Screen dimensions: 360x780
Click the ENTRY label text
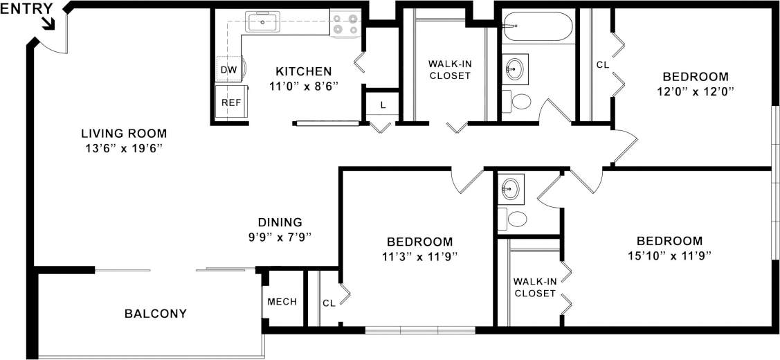pos(26,8)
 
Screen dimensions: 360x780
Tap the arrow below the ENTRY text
pos(48,24)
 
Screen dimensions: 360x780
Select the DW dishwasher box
pos(228,69)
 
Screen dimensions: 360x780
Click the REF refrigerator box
pos(230,102)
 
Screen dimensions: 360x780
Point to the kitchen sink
pos(262,22)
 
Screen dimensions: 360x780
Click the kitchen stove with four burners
pos(345,24)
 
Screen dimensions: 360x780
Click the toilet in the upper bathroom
pos(516,101)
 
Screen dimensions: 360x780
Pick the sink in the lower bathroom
pos(511,187)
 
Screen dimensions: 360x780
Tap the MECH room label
pos(282,301)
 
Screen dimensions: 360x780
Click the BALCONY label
pos(156,314)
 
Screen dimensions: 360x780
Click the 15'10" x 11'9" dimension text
pos(669,255)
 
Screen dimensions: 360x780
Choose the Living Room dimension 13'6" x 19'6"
pos(124,148)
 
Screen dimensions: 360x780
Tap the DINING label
pos(280,222)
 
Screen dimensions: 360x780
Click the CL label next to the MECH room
pos(329,303)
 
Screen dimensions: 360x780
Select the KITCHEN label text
pos(304,71)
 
